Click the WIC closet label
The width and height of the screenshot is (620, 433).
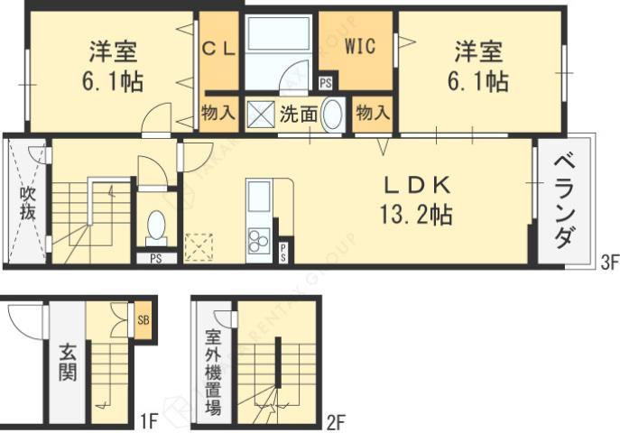pos(356,45)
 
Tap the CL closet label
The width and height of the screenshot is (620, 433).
pos(218,50)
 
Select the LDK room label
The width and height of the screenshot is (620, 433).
pos(416,185)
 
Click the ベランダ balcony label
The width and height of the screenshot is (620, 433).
pos(564,201)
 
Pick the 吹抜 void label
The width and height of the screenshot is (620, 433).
pos(26,202)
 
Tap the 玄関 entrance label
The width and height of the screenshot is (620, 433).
pos(67,361)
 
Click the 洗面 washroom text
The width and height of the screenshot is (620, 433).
pos(297,114)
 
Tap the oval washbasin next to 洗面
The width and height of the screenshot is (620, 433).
pos(333,115)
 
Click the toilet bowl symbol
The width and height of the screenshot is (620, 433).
pos(156,224)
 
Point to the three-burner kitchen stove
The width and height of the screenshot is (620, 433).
pos(259,238)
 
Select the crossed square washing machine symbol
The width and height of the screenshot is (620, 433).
pos(260,115)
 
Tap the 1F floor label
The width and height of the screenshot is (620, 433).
pos(149,420)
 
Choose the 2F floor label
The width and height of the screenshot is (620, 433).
pos(336,420)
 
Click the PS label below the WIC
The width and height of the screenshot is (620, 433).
pos(325,84)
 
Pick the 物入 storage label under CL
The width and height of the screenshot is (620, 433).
pos(218,114)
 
